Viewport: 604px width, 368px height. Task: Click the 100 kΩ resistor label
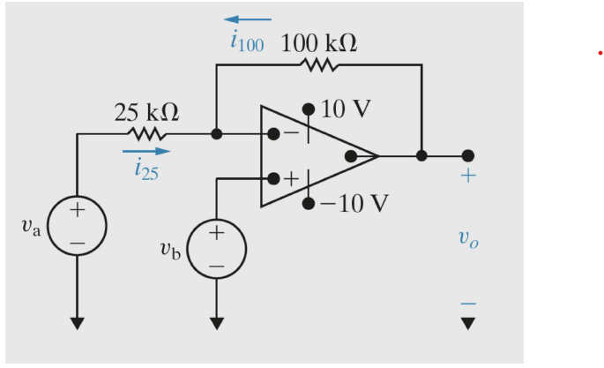[319, 43]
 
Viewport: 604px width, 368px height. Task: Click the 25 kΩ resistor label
[146, 112]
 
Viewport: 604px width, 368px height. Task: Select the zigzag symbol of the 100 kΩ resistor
[319, 64]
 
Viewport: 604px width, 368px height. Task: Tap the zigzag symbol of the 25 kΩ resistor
[146, 134]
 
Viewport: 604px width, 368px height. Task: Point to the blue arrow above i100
[248, 19]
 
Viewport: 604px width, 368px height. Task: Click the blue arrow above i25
[145, 152]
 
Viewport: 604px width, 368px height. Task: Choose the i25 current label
[146, 171]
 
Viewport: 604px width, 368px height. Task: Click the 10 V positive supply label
[346, 109]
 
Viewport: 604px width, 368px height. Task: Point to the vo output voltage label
[467, 237]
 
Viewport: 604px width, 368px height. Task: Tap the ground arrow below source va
[78, 322]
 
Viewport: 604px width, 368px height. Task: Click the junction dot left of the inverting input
[217, 134]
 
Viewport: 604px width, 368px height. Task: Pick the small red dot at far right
[600, 53]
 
